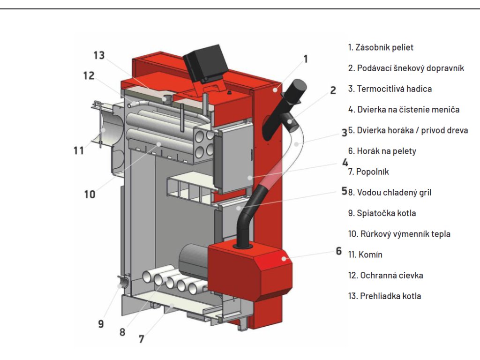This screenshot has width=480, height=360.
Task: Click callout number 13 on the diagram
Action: coord(99,55)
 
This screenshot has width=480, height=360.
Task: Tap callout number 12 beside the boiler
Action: coord(89,75)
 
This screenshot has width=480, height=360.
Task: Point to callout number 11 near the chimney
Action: coord(78,150)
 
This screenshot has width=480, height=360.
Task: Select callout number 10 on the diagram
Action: coord(89,194)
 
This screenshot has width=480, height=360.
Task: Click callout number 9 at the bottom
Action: coord(101,323)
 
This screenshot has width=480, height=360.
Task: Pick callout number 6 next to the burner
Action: coord(338,251)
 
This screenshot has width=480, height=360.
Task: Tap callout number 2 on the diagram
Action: coord(333,90)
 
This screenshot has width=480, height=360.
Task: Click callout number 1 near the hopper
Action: coord(306,59)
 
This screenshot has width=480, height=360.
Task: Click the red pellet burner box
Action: coord(249,268)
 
